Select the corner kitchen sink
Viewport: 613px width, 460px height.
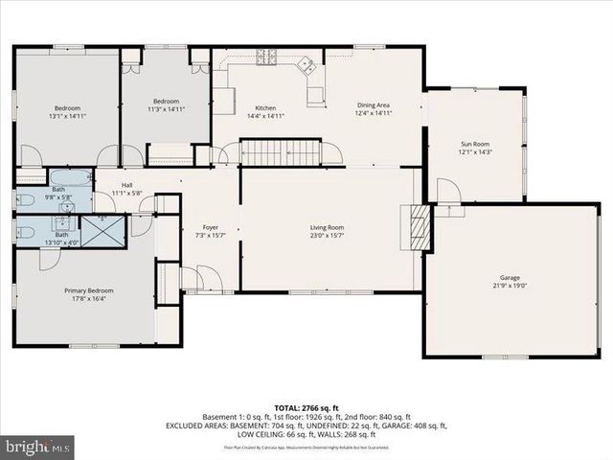[306, 66]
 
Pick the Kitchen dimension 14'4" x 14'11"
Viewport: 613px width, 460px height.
[265, 115]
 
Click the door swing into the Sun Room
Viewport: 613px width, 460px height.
[448, 191]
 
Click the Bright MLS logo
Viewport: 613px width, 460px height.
[38, 446]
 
